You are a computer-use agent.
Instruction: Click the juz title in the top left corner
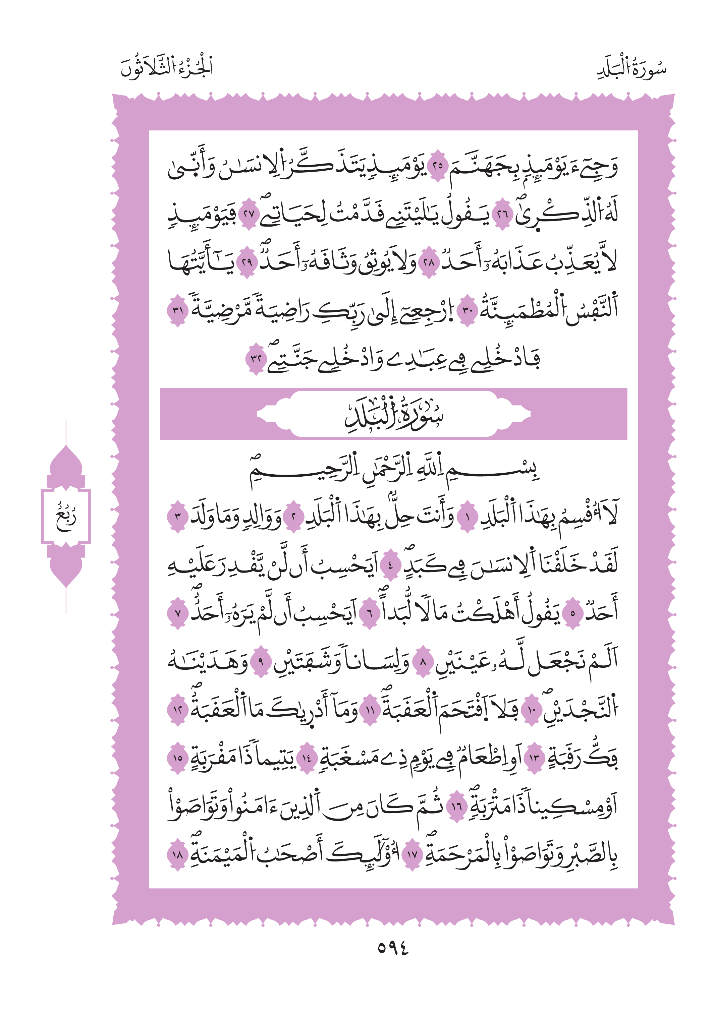[x=167, y=67]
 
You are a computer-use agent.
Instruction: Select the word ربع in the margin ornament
[x=66, y=517]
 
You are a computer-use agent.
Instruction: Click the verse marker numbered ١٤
[x=306, y=758]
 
